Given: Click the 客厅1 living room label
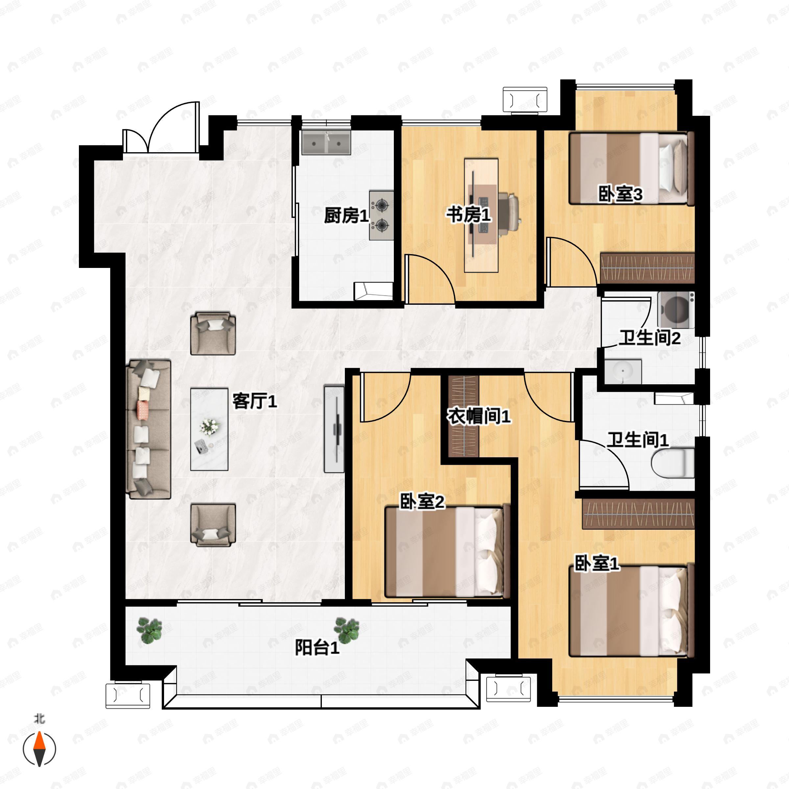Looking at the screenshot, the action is [x=254, y=401].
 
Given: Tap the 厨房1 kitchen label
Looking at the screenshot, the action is [x=346, y=215].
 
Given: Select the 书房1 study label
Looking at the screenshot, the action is [x=468, y=214].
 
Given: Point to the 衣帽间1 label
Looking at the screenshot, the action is [x=479, y=416].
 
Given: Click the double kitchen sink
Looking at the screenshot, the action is [x=326, y=143].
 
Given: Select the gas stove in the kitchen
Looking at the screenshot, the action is [x=381, y=215].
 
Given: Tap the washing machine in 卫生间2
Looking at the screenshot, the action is [x=676, y=310].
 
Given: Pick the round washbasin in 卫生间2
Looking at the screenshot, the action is [x=623, y=371].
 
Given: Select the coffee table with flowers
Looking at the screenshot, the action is [x=209, y=429].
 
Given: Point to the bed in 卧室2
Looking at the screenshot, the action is [x=447, y=552].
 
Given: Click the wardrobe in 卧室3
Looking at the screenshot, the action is [x=647, y=268].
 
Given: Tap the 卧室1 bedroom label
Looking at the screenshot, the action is [x=597, y=563].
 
